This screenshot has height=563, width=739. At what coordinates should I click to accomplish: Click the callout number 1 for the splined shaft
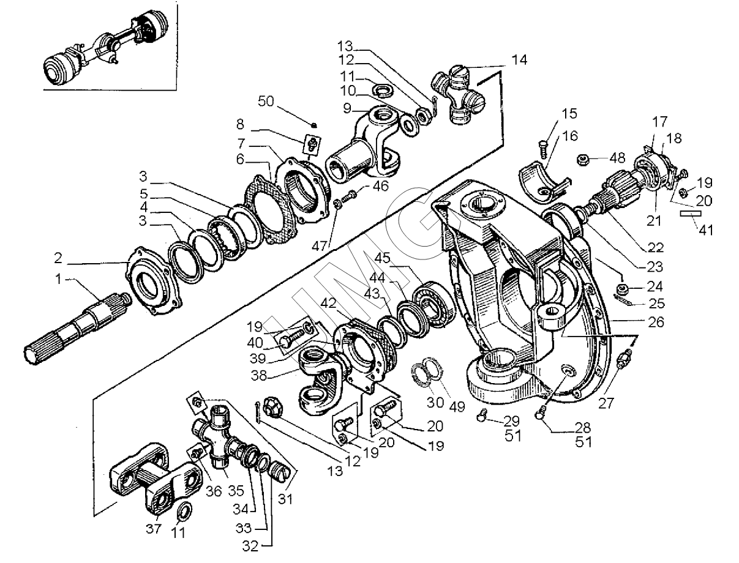pyautogui.click(x=59, y=279)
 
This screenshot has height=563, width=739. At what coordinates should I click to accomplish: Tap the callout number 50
pyautogui.click(x=266, y=102)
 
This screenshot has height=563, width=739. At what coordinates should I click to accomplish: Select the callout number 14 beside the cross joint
pyautogui.click(x=519, y=60)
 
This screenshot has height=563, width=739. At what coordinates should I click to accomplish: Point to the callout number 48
pyautogui.click(x=617, y=158)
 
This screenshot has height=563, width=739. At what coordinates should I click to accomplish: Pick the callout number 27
pyautogui.click(x=606, y=403)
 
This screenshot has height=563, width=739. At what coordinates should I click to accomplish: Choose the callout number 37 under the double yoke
pyautogui.click(x=154, y=529)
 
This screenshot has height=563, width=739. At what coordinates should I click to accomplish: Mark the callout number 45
pyautogui.click(x=382, y=258)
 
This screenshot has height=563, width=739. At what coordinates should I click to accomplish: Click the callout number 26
pyautogui.click(x=656, y=322)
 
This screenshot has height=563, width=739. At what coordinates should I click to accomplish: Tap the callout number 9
pyautogui.click(x=347, y=108)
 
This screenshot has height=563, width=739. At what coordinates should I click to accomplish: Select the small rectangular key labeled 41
pyautogui.click(x=691, y=214)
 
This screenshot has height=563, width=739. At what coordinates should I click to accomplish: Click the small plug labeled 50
pyautogui.click(x=313, y=125)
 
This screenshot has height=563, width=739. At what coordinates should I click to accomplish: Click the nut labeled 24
pyautogui.click(x=622, y=289)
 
